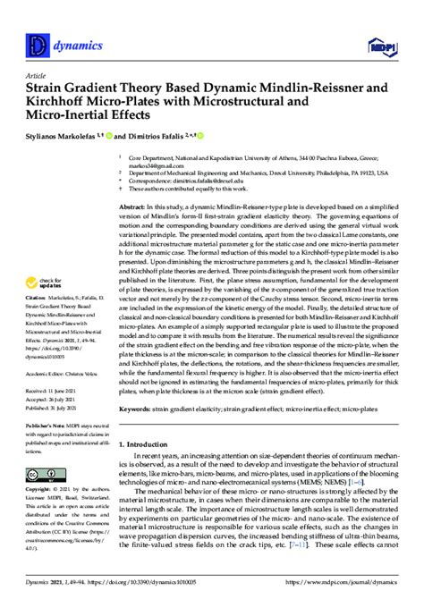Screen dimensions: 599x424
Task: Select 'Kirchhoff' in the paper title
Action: point(58,103)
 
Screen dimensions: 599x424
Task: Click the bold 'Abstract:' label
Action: point(133,206)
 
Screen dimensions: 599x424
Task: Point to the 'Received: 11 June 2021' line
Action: point(51,390)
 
